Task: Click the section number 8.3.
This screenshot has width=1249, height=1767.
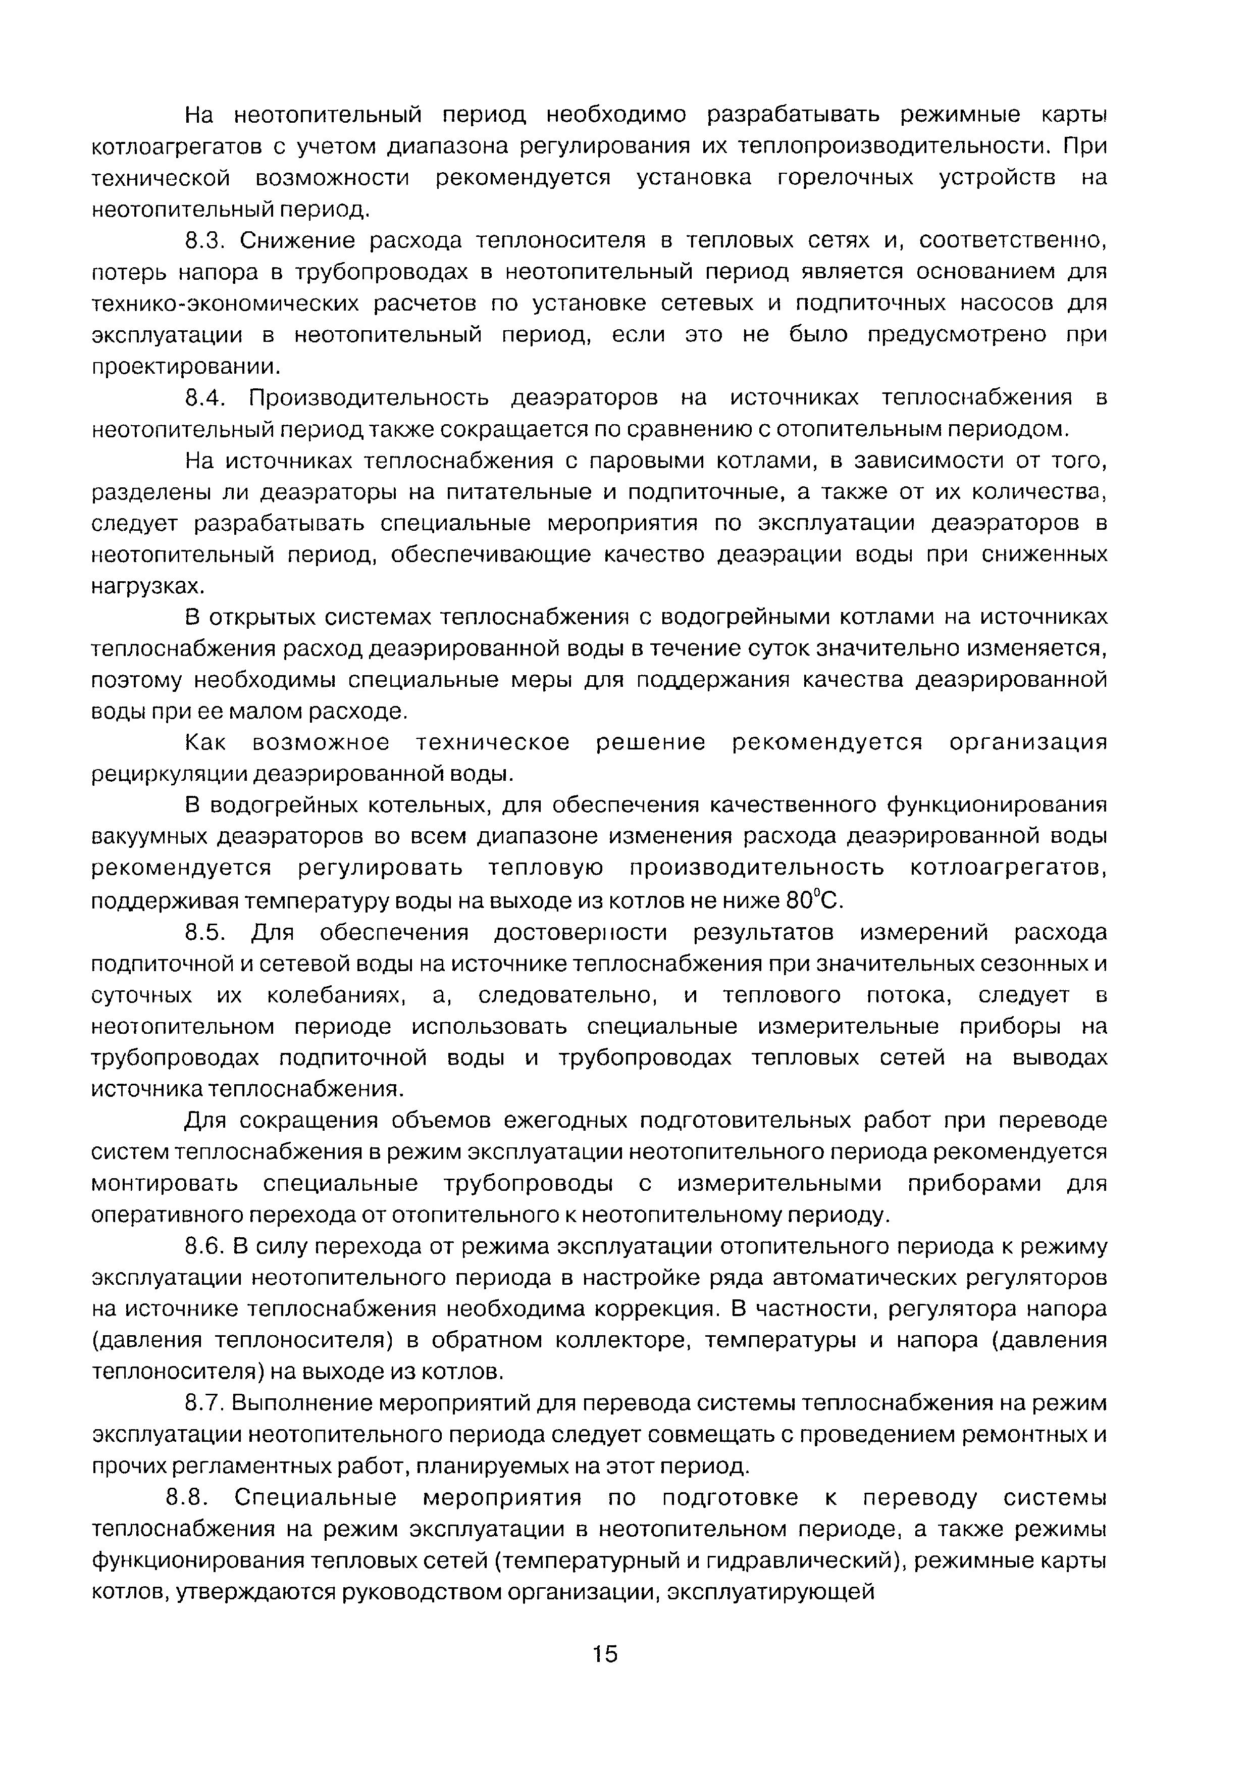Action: point(204,241)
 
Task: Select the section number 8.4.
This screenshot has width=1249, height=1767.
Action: point(204,398)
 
